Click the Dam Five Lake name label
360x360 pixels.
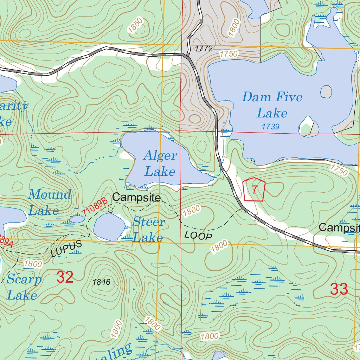272,105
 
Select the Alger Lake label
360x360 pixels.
160,163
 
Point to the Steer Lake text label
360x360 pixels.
148,229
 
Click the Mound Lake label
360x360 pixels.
49,202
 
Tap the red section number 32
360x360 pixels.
65,277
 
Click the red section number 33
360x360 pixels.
339,289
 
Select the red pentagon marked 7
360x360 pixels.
254,189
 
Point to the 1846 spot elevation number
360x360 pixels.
101,282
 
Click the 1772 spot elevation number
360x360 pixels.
204,49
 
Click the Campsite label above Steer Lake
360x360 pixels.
136,198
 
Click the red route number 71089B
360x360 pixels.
95,207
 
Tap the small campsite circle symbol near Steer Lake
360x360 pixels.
110,210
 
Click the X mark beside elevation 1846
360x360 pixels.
116,282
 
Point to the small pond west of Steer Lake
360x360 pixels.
77,219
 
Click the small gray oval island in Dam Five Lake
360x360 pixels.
326,92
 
